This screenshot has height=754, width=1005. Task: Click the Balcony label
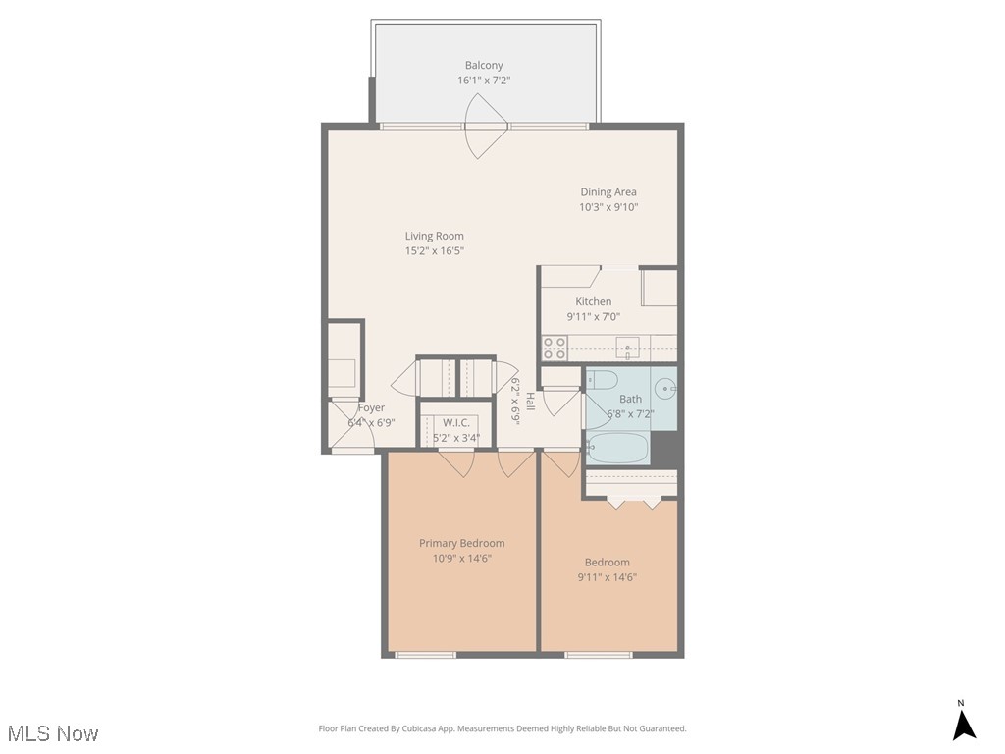coord(484,66)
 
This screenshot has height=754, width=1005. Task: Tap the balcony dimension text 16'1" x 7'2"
coord(484,81)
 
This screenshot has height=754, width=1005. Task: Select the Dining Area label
coord(608,192)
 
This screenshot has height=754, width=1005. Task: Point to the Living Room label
coord(434,236)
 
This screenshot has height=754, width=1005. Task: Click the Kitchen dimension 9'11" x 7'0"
coord(593,317)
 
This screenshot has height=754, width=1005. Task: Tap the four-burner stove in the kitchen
coord(555,348)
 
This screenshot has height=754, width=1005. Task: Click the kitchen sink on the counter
coord(627,347)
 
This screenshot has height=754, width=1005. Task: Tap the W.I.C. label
coord(455,422)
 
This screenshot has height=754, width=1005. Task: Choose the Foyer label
coord(371,407)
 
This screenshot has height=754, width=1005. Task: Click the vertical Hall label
coord(529,401)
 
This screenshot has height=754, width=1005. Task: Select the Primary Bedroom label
coord(461,543)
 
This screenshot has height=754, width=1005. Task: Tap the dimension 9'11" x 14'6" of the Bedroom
coord(608,577)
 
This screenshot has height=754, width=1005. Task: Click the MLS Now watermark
coord(53,733)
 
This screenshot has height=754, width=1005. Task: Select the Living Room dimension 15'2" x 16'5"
coord(434,250)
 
